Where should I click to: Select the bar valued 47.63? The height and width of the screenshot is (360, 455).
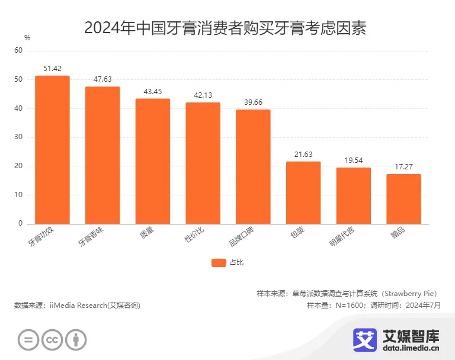tap(102, 155)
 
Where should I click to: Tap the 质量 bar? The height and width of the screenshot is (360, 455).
tap(153, 161)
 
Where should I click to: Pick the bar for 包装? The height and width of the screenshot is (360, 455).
tap(303, 192)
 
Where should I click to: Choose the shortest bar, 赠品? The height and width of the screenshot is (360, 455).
tap(403, 199)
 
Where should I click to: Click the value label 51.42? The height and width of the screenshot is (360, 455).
tap(52, 69)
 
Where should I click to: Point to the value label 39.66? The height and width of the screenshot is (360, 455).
tap(253, 102)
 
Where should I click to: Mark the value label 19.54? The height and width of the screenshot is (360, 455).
tap(354, 160)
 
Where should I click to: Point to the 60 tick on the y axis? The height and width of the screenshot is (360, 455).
tap(18, 51)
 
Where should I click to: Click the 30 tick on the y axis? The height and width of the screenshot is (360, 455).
tap(18, 137)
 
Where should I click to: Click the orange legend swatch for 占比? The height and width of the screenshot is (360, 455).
tap(219, 263)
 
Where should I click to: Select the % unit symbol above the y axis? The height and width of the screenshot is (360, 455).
tap(27, 38)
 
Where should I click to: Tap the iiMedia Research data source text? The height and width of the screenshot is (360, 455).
tap(77, 306)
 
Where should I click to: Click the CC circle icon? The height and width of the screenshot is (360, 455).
tap(52, 339)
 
